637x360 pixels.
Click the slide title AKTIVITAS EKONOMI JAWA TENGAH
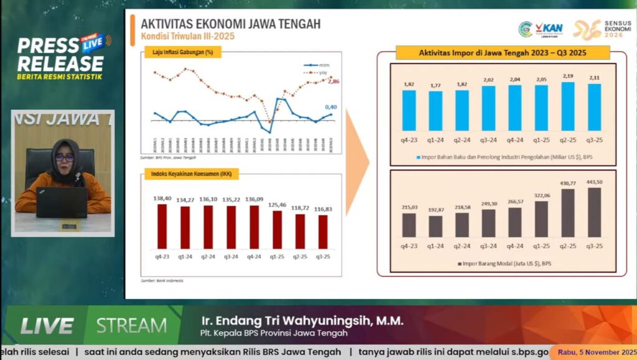coord(231,24)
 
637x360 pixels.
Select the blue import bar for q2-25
coord(568,106)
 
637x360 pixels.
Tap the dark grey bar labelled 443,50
coord(594,212)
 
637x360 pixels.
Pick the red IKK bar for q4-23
coord(162,226)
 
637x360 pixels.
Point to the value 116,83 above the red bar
coord(323,209)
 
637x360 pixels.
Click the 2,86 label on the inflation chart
coord(333,81)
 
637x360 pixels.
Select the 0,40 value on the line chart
coord(330,107)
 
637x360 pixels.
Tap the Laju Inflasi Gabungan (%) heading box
coord(182,52)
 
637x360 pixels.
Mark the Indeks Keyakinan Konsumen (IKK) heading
coord(191,174)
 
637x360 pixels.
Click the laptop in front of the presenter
coord(62,202)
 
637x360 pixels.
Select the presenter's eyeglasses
coord(64,158)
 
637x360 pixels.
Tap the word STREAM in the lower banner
coord(131,325)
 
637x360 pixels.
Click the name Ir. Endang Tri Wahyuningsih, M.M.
coord(302,321)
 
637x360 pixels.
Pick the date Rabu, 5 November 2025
coord(594,353)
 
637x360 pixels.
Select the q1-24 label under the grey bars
coord(435,246)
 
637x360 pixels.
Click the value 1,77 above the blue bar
coord(435,85)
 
